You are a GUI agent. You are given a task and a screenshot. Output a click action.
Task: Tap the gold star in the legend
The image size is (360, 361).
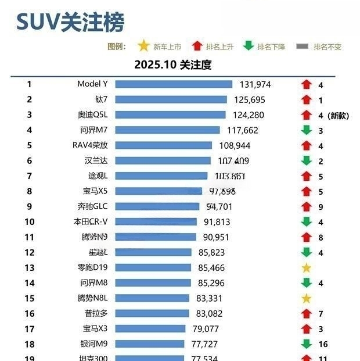pyautogui.click(x=143, y=46)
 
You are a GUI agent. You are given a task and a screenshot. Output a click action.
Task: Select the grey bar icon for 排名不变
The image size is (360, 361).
pyautogui.click(x=302, y=47)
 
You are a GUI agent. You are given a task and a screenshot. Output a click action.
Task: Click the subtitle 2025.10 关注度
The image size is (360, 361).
pyautogui.click(x=173, y=65)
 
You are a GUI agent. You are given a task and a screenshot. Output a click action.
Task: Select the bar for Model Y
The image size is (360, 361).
pyautogui.click(x=174, y=84)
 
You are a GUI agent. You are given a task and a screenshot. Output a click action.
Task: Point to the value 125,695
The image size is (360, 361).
pyautogui.click(x=250, y=100)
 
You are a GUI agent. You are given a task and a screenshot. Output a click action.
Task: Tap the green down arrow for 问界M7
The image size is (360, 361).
pyautogui.click(x=307, y=130)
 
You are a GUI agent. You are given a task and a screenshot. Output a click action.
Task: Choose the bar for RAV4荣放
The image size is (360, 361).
pyautogui.click(x=165, y=145)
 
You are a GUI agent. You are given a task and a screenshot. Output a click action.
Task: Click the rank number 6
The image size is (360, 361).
pyautogui.click(x=29, y=161)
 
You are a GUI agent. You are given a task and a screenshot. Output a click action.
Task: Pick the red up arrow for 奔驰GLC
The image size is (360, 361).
pyautogui.click(x=307, y=206)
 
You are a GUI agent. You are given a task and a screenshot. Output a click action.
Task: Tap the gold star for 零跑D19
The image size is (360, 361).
pyautogui.click(x=307, y=268)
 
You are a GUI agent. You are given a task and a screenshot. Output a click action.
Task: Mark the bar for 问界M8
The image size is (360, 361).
pyautogui.click(x=153, y=283)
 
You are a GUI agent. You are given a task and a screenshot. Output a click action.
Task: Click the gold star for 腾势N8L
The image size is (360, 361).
pyautogui.click(x=307, y=298)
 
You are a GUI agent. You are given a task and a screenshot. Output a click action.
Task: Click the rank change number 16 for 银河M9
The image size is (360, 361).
pyautogui.click(x=323, y=344)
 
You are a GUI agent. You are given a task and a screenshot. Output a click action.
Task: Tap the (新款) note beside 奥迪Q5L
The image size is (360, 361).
pyautogui.click(x=338, y=115)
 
